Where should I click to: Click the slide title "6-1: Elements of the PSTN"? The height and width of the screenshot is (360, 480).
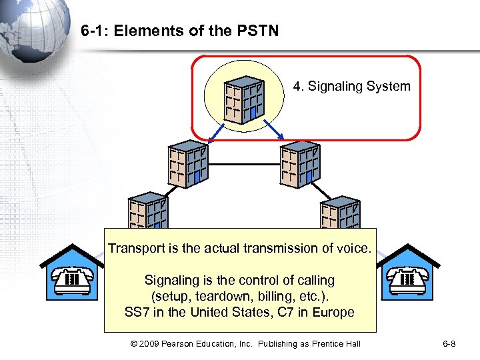coord(179,31)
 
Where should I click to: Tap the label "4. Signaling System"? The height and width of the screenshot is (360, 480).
coord(351,87)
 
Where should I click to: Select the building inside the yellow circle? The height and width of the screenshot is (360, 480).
coord(245,99)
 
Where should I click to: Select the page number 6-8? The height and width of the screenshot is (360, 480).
coord(450,343)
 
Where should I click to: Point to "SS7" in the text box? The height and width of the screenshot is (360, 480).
coord(137,312)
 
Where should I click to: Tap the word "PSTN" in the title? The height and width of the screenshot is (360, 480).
coord(258,31)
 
